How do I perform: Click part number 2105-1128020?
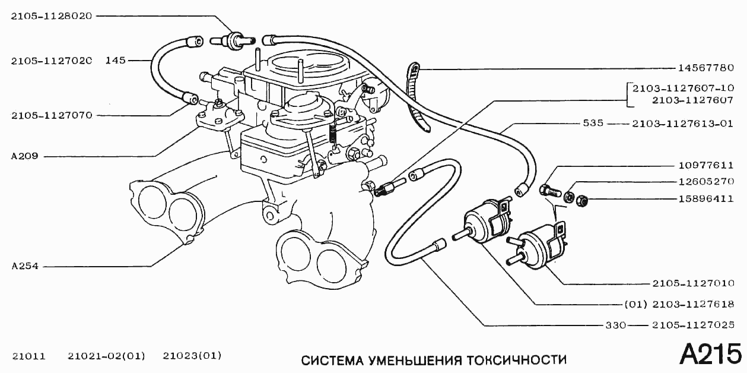[x=51, y=17]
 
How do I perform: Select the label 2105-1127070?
[x=51, y=115]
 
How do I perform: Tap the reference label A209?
[x=24, y=157]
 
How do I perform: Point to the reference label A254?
[x=24, y=266]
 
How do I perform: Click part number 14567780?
[x=705, y=68]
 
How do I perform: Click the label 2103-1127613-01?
[x=683, y=124]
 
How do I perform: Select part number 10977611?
[x=705, y=166]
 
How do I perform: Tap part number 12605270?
[x=705, y=182]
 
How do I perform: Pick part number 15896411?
[x=705, y=199]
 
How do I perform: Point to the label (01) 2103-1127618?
[x=679, y=305]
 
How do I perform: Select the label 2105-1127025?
[x=693, y=325]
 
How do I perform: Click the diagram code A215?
[x=710, y=354]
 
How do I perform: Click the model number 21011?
[x=28, y=356]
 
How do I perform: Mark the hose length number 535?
[x=593, y=124]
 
